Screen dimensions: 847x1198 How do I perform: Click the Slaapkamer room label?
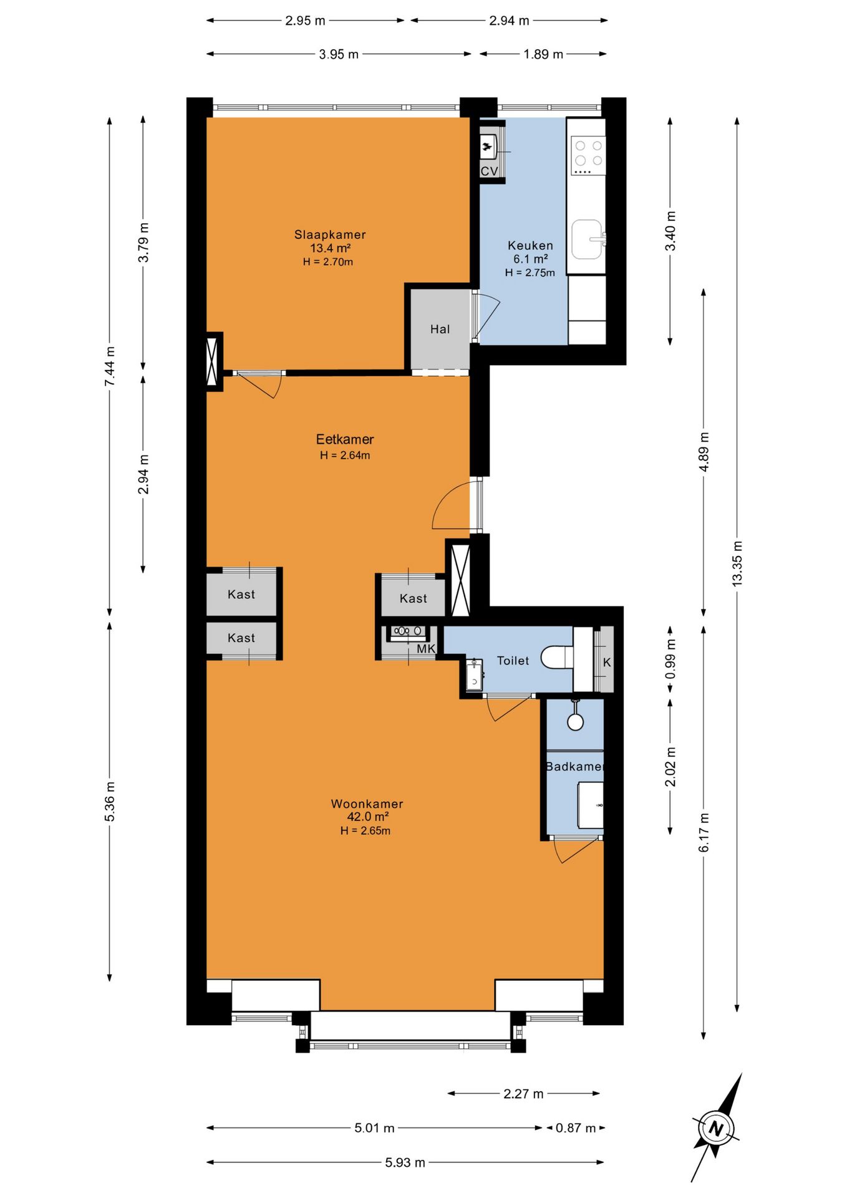pos(330,235)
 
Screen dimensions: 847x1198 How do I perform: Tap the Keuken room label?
pos(530,245)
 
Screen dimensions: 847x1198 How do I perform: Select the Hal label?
pos(440,329)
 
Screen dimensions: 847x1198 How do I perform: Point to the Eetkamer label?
pos(345,439)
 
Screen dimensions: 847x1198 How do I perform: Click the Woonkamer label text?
pos(367,804)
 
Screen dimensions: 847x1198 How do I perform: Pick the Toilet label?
pos(513,660)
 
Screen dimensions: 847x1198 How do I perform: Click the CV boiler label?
pos(489,171)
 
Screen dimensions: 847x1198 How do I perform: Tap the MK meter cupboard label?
pos(426,649)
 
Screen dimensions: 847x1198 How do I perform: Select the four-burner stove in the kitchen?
pos(588,154)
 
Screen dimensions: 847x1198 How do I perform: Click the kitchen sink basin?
pos(587,239)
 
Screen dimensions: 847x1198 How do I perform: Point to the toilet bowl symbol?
pos(557,657)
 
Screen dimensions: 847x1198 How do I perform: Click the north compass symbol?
pos(717,1127)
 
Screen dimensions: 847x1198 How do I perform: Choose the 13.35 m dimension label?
pos(737,563)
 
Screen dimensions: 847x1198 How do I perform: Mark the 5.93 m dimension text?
pos(405,1162)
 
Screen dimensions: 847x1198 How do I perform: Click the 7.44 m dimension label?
pos(110,366)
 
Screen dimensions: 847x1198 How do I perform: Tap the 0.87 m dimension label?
pos(576,1127)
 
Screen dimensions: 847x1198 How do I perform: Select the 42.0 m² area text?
pos(368,817)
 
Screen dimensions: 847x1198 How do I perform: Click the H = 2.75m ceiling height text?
pos(530,273)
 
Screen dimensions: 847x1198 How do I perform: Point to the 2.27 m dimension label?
pos(523,1094)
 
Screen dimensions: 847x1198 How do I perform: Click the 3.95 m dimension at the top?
pos(339,54)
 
